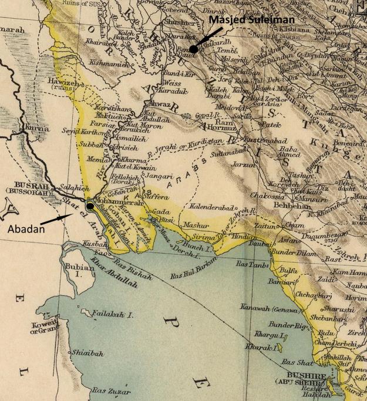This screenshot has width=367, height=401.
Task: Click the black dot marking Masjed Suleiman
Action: point(193,49)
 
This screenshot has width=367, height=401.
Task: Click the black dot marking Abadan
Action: point(90,207)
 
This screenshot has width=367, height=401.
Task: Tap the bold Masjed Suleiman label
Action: point(243,21)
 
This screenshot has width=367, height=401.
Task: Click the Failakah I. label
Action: point(116,315)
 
